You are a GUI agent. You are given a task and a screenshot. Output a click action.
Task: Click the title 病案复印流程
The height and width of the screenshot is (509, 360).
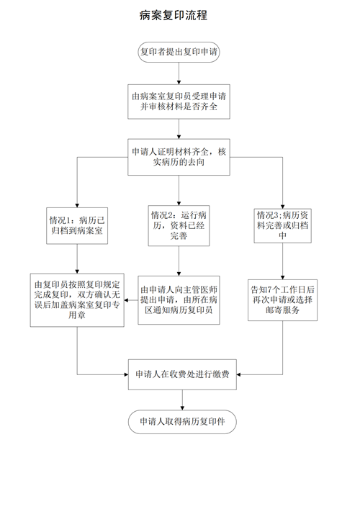[x=174, y=15]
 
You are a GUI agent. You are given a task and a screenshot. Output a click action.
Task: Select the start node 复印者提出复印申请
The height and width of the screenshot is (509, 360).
[x=179, y=52]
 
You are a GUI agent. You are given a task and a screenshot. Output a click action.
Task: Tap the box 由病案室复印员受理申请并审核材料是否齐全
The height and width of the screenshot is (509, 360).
[x=179, y=102]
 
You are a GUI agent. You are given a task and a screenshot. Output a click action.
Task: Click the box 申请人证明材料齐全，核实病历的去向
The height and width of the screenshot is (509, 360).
[x=179, y=157]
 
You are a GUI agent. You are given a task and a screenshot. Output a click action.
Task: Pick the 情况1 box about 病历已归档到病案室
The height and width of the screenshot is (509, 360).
[x=77, y=226]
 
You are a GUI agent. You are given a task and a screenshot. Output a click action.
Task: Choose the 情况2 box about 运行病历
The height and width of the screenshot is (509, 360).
[x=179, y=225]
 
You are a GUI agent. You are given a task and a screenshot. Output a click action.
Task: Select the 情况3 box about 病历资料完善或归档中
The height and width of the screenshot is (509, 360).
[x=282, y=225]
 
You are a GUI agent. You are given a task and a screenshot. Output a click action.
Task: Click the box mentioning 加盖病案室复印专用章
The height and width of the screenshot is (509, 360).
[x=77, y=300]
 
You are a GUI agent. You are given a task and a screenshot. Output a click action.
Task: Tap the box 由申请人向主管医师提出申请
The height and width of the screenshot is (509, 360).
[x=179, y=300]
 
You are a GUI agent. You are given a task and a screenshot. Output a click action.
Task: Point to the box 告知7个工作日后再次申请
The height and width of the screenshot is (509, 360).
[x=282, y=300]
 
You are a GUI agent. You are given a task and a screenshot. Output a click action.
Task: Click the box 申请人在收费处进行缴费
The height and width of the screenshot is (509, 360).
[x=182, y=374]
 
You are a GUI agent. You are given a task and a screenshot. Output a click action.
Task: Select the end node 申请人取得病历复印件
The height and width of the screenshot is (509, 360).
[x=182, y=421]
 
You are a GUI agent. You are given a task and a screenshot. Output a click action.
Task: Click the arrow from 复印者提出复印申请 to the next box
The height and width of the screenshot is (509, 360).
[x=179, y=73]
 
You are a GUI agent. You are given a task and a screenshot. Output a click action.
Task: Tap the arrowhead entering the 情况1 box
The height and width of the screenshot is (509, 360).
[x=77, y=206]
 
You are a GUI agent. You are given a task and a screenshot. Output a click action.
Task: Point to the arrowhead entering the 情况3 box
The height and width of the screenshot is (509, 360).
[x=282, y=207]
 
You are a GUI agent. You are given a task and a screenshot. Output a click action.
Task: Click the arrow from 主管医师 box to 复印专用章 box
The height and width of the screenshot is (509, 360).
[x=131, y=300]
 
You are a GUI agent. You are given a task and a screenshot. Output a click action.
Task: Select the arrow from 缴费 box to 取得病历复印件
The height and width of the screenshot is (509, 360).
[x=182, y=400]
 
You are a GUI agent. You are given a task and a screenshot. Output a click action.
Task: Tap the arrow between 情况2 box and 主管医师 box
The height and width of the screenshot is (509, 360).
[x=179, y=261]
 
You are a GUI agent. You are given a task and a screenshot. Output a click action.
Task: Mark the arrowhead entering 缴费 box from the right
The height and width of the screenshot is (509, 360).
[x=238, y=374]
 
